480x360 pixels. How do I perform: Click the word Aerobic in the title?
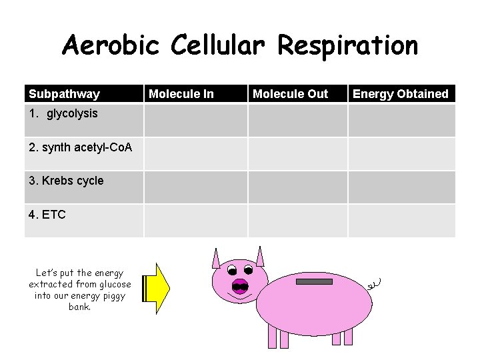[x=110, y=46]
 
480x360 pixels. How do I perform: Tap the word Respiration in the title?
[x=347, y=46]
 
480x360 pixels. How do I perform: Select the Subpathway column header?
[x=64, y=94]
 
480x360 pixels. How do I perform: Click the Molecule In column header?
[x=181, y=94]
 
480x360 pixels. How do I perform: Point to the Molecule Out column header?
[x=290, y=94]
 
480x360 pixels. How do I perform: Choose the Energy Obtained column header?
[x=400, y=94]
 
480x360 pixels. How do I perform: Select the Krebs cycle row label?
[x=66, y=181]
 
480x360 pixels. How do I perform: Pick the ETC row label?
[x=47, y=215]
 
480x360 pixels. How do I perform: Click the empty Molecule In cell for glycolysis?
[x=196, y=121]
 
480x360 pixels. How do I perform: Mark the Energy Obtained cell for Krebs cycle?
[x=401, y=187]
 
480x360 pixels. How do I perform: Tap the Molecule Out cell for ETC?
[x=298, y=221]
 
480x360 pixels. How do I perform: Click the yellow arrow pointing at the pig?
[x=157, y=288]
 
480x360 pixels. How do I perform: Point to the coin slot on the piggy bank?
[x=314, y=283]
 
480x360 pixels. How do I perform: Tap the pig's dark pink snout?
[x=240, y=287]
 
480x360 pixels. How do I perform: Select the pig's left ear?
[x=216, y=257]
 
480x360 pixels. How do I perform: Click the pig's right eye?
[x=249, y=270]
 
